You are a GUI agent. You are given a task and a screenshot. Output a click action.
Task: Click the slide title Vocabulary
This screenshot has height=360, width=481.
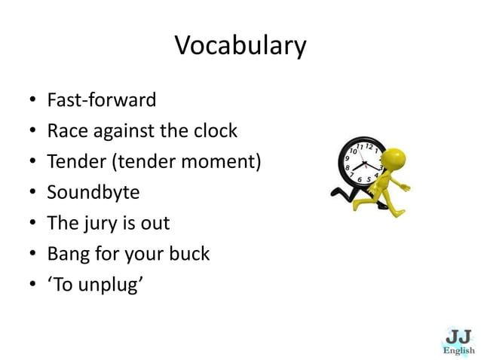pyautogui.click(x=240, y=46)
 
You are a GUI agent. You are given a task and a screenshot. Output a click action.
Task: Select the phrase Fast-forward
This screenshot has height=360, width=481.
pyautogui.click(x=102, y=100)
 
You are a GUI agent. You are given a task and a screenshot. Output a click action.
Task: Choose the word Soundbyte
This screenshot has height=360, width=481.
pyautogui.click(x=93, y=192)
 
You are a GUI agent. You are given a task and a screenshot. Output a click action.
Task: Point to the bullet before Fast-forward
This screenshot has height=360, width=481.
pyautogui.click(x=32, y=101)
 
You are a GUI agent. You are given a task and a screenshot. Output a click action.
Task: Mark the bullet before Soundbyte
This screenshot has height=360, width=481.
pyautogui.click(x=32, y=193)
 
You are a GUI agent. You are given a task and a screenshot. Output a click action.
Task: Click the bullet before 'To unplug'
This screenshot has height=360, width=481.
pyautogui.click(x=32, y=285)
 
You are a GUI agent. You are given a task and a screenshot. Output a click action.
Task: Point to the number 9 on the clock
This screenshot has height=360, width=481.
pyautogui.click(x=348, y=160)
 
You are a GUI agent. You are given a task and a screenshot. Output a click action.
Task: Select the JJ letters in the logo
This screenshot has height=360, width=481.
pyautogui.click(x=458, y=334)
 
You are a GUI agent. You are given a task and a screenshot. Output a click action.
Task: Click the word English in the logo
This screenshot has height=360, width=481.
pyautogui.click(x=458, y=350)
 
